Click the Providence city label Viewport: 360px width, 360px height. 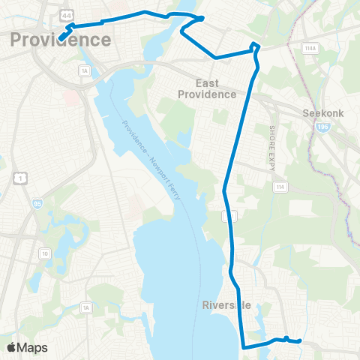pyautogui.click(x=61, y=40)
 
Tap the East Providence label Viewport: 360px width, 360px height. pyautogui.click(x=207, y=88)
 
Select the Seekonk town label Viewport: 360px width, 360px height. pyautogui.click(x=322, y=114)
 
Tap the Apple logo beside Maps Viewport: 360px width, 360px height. pyautogui.click(x=13, y=348)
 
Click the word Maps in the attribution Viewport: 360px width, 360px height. pyautogui.click(x=34, y=348)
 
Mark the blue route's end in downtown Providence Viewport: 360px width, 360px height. pyautogui.click(x=59, y=37)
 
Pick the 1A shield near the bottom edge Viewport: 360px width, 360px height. pyautogui.click(x=85, y=307)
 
